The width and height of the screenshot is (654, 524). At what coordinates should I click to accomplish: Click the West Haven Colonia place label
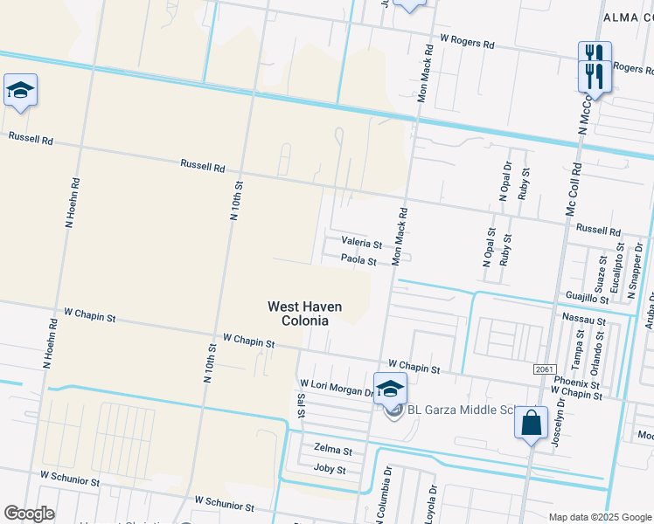pos(304,314)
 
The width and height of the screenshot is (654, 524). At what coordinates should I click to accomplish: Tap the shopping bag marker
pos(531,424)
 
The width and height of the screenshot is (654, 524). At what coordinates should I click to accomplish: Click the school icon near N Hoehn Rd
pos(20,90)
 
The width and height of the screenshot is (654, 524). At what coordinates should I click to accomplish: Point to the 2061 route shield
pos(543,370)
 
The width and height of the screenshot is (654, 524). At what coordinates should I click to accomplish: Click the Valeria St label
pos(362,244)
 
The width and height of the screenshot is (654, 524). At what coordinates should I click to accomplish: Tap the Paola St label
pos(358,260)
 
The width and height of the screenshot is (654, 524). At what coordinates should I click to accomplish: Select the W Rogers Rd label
pos(467,40)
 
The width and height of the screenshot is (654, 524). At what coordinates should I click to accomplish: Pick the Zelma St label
pos(332,452)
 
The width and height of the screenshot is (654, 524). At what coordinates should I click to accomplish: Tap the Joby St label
pos(330,470)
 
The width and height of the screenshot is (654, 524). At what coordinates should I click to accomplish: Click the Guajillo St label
pos(587,299)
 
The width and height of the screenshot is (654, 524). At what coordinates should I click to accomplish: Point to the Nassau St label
pos(585,321)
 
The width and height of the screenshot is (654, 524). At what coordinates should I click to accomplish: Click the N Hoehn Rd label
pos(73,203)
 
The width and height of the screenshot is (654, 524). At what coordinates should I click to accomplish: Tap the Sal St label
pos(300,403)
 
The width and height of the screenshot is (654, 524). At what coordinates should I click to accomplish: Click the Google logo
pos(28,514)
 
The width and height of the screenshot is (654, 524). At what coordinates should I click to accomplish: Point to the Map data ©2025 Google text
pos(599,517)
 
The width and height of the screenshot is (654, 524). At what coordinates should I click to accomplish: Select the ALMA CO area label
pos(628,17)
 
